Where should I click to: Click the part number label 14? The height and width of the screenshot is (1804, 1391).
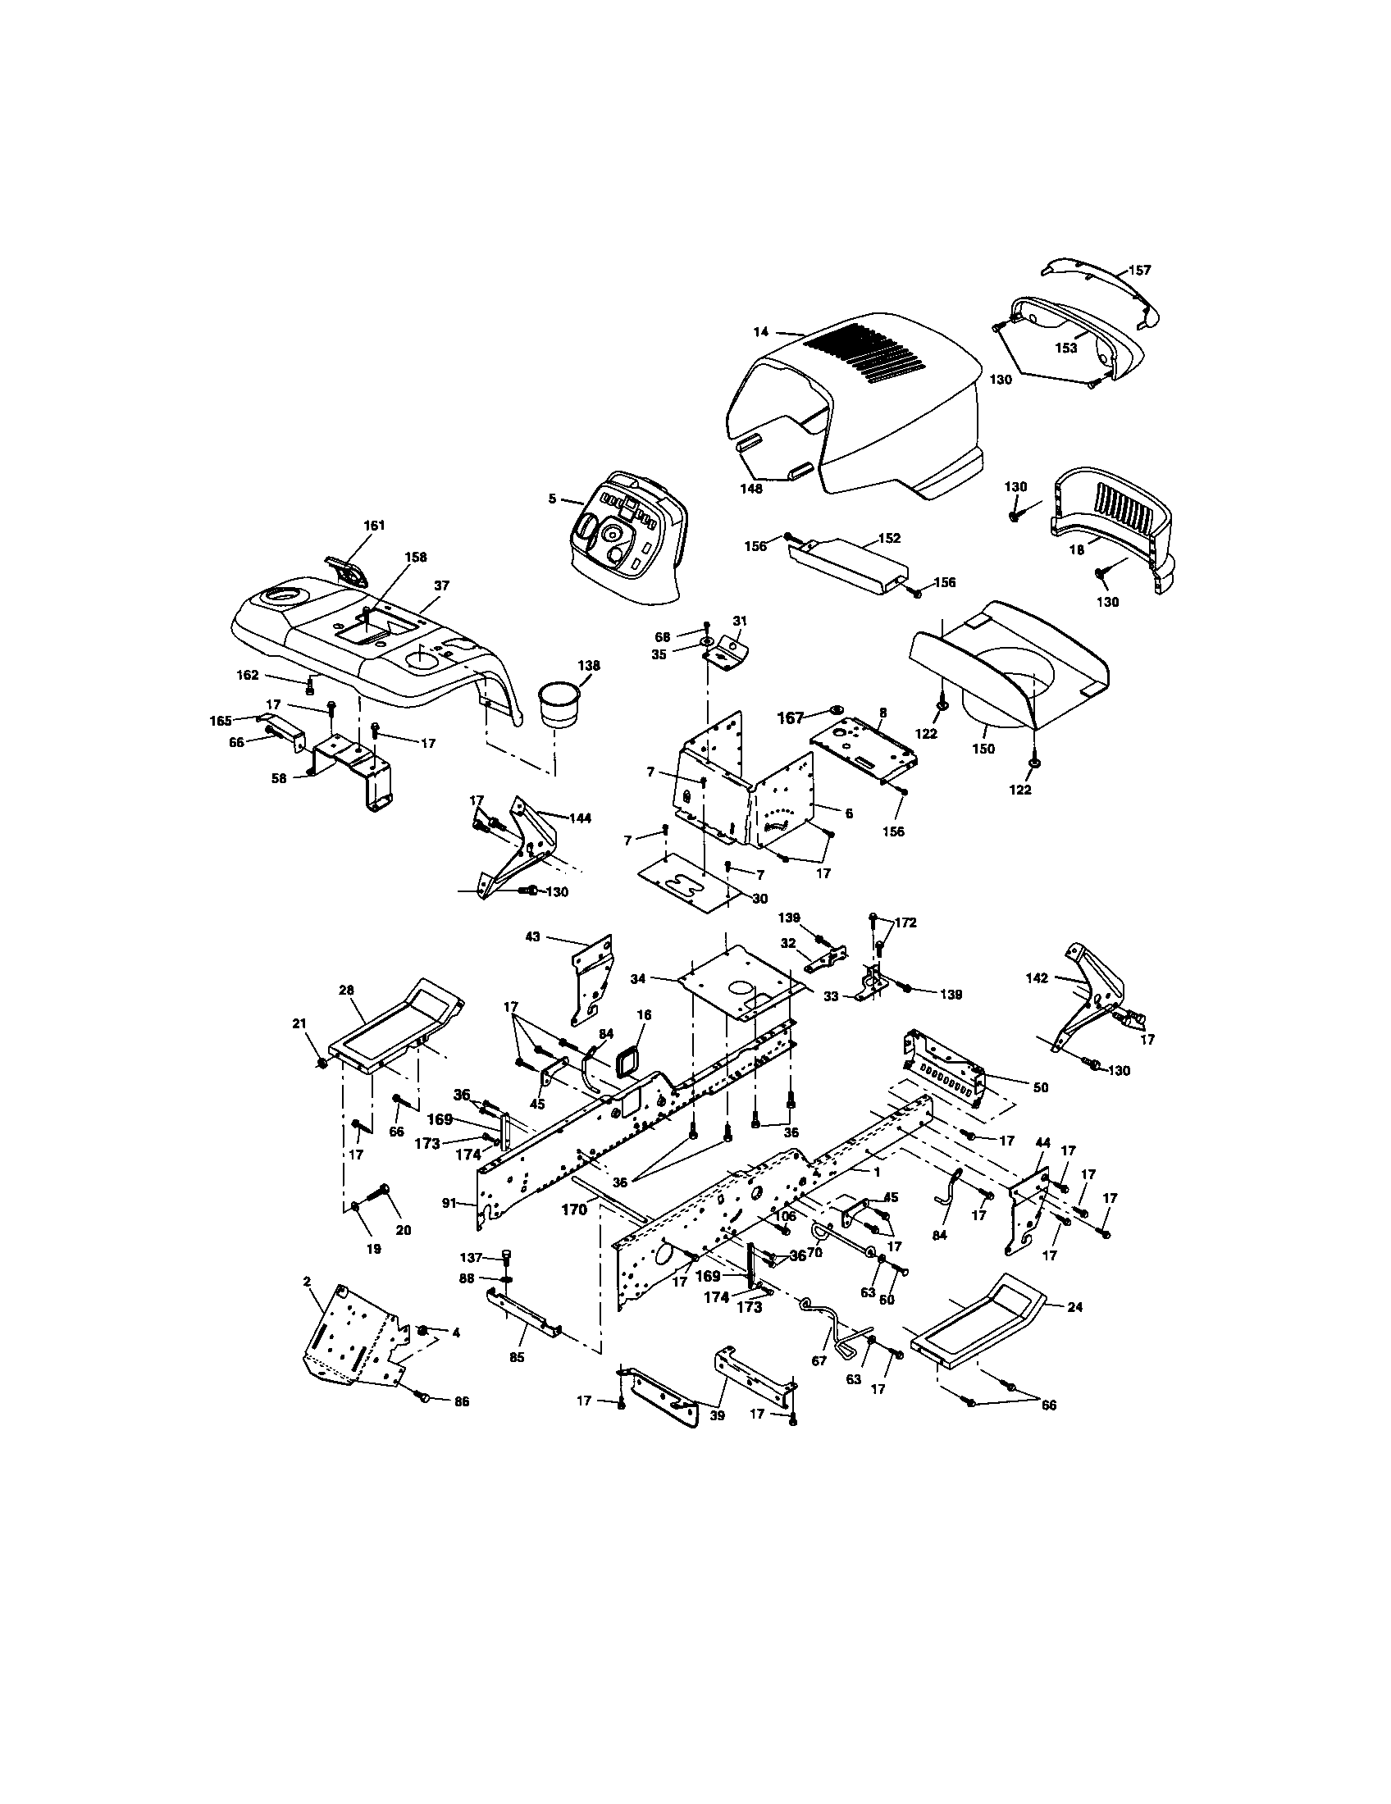pyautogui.click(x=761, y=331)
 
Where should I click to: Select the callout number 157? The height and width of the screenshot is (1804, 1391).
pyautogui.click(x=1139, y=270)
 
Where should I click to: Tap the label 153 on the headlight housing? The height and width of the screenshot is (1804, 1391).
pyautogui.click(x=1065, y=348)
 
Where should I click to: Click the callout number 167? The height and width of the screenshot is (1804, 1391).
pyautogui.click(x=791, y=717)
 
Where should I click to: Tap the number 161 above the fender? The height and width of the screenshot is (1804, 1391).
pyautogui.click(x=374, y=525)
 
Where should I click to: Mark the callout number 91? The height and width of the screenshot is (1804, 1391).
pyautogui.click(x=449, y=1204)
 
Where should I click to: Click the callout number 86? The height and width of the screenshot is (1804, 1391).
pyautogui.click(x=461, y=1401)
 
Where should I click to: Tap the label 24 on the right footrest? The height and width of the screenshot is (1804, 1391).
pyautogui.click(x=1075, y=1307)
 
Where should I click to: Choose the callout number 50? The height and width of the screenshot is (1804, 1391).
pyautogui.click(x=1040, y=1087)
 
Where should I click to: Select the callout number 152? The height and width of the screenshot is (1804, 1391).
pyautogui.click(x=889, y=538)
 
